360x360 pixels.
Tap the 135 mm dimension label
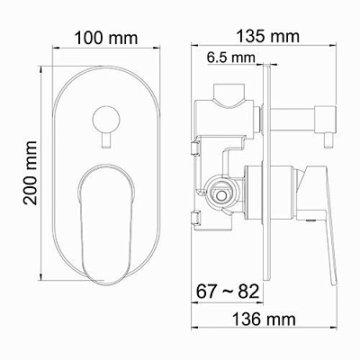272,37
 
